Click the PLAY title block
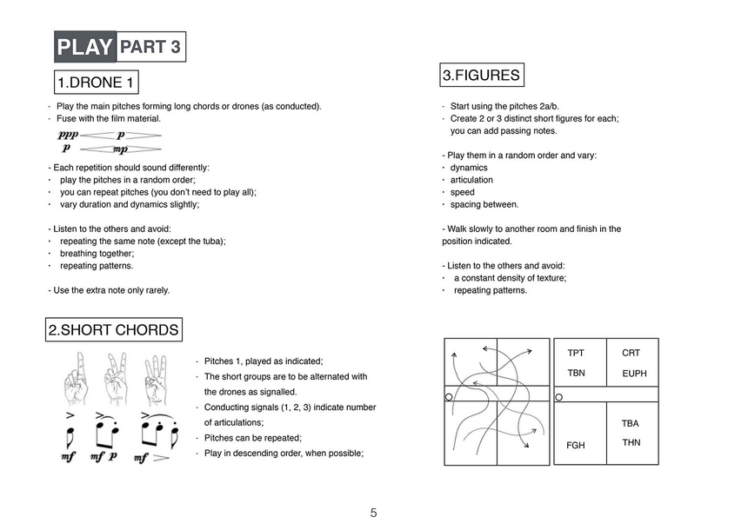click(85, 47)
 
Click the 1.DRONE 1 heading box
click(97, 83)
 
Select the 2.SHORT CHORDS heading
click(114, 330)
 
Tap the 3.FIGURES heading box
click(481, 76)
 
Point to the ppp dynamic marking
click(68, 136)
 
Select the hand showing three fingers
click(155, 380)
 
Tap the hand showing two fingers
click(116, 380)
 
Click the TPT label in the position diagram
click(576, 353)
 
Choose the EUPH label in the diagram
click(634, 374)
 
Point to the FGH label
click(575, 445)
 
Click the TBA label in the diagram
click(631, 423)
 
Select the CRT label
click(631, 353)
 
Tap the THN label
click(631, 442)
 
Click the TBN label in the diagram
click(576, 373)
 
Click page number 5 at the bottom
click(373, 513)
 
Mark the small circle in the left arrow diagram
click(449, 396)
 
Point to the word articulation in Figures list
click(471, 180)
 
